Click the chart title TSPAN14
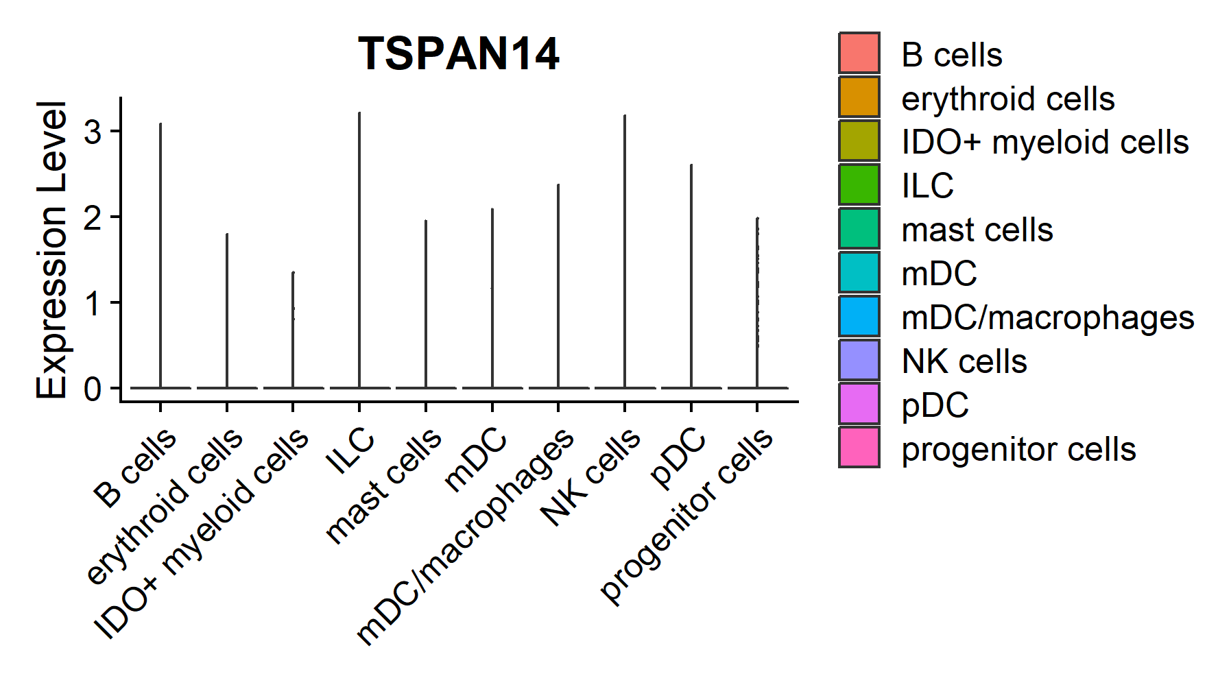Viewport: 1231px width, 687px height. [x=458, y=53]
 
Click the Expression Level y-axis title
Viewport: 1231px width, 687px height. [x=51, y=250]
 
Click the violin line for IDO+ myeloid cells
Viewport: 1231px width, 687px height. [x=293, y=329]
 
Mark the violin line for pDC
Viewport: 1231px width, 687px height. [x=691, y=274]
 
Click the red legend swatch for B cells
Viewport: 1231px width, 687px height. [x=859, y=53]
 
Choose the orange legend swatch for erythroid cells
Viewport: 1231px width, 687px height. [x=859, y=97]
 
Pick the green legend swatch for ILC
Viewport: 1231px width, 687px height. [x=859, y=184]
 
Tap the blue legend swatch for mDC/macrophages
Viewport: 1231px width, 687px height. [x=859, y=316]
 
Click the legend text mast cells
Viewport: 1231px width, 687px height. [x=977, y=230]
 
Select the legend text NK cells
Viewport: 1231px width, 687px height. [x=964, y=361]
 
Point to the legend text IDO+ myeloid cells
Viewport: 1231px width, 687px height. [x=1044, y=142]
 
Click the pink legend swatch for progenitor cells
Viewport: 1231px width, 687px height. [x=859, y=448]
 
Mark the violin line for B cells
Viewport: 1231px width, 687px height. [x=160, y=254]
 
